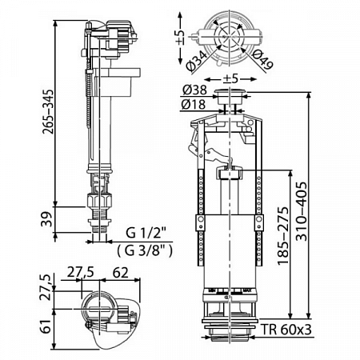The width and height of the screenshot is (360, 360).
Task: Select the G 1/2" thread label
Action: click(x=146, y=234)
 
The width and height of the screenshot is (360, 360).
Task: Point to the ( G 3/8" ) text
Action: click(x=146, y=248)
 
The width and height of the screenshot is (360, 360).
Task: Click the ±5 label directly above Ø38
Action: click(x=227, y=78)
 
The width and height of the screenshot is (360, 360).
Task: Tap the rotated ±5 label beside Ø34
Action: click(x=182, y=33)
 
